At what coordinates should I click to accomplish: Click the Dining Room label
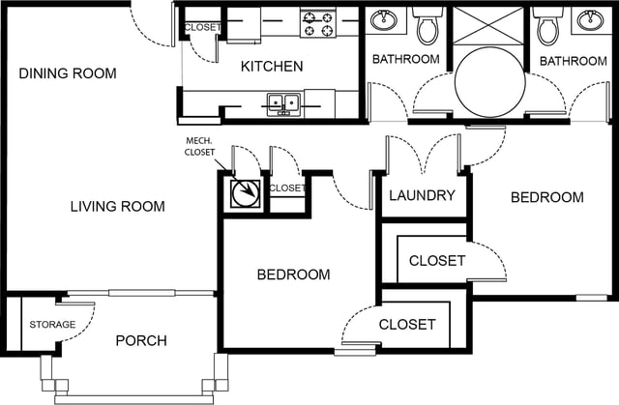(x=68, y=73)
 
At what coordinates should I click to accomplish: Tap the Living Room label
(x=118, y=206)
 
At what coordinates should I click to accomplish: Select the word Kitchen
(x=272, y=67)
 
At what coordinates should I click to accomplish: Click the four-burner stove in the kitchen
(x=318, y=23)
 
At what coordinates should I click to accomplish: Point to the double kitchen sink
(x=283, y=104)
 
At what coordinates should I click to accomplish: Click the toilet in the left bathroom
(x=428, y=26)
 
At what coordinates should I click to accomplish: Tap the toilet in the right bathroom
(x=548, y=26)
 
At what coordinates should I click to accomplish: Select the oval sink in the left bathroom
(x=383, y=19)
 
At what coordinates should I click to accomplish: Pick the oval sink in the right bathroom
(x=590, y=19)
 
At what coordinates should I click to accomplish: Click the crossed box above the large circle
(x=487, y=26)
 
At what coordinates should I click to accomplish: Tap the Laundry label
(x=422, y=195)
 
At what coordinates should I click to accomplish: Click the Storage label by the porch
(x=52, y=325)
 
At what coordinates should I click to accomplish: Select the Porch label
(x=141, y=340)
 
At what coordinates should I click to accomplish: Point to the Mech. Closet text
(x=200, y=146)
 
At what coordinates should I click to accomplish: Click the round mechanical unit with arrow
(x=246, y=193)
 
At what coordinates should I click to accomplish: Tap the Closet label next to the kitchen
(x=202, y=28)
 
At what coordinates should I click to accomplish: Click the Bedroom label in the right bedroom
(x=547, y=197)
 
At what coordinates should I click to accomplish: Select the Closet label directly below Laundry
(x=437, y=261)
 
